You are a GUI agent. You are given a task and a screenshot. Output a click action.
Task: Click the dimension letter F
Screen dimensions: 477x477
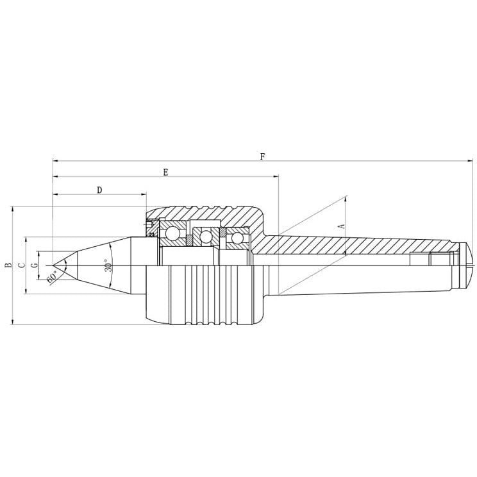point(262,156)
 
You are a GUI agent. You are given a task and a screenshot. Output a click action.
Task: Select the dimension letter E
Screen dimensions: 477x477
point(165,172)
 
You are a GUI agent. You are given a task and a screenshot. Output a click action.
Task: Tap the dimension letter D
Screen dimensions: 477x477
point(99,190)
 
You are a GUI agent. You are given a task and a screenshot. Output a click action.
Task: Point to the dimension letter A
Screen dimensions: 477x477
point(342,226)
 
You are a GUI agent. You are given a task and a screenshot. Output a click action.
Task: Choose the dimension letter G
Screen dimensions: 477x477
point(35,264)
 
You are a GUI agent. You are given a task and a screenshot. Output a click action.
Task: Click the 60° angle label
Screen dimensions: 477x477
point(52,276)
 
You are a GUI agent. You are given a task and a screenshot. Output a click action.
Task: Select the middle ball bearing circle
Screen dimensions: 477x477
point(205,237)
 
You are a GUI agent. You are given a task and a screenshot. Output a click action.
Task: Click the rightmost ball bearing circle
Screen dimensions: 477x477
point(238,238)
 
